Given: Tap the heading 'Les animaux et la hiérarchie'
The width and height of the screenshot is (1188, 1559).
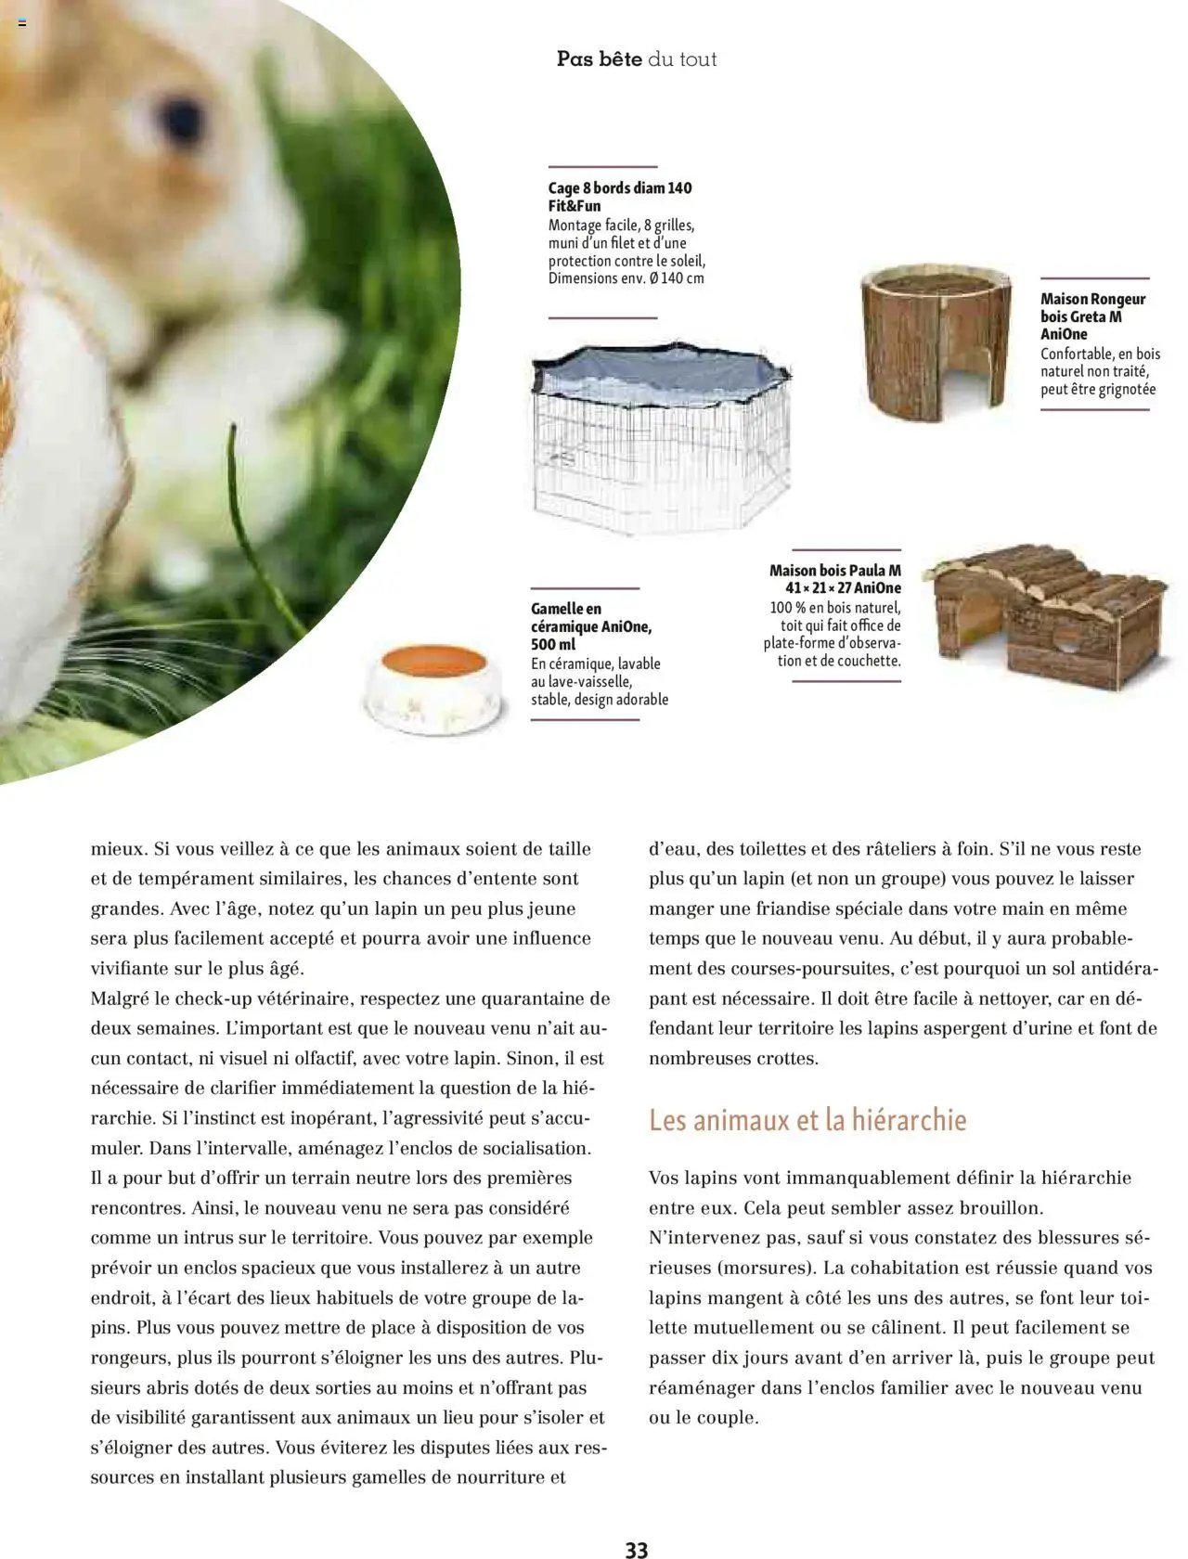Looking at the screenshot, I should point(807,1120).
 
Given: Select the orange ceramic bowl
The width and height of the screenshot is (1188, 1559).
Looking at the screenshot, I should point(434,688).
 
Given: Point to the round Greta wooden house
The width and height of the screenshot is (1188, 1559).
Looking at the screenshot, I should point(935,342).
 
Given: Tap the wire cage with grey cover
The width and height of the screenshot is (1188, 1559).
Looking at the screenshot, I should point(660,436).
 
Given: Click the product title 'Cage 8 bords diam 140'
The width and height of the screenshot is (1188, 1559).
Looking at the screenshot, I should point(619,188).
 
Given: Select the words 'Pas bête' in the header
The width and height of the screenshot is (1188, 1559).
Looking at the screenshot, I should point(599,59).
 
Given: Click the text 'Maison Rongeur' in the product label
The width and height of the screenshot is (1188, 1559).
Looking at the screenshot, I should point(1092,299).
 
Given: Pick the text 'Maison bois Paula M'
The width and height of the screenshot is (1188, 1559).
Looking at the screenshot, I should point(834,571).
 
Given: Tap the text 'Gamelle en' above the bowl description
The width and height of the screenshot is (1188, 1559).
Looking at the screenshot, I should point(566,609).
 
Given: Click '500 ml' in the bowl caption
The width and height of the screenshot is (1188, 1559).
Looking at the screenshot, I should point(553,644).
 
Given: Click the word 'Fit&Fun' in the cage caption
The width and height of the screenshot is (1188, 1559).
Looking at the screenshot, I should point(574,206).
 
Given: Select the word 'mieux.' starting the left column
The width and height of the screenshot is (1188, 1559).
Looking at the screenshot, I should point(119,848).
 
